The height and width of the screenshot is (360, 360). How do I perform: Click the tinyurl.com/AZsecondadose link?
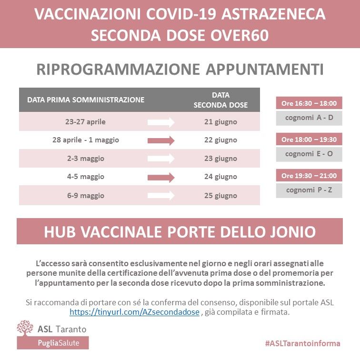135,312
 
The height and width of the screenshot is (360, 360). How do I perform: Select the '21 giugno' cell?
220,122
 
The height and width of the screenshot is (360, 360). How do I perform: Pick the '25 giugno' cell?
220,196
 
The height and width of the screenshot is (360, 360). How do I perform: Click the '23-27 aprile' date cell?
85,122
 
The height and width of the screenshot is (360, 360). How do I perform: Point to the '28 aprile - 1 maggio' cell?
85,140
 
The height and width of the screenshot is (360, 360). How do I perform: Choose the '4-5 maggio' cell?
85,177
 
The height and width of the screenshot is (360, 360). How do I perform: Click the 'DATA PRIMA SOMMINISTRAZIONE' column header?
86,100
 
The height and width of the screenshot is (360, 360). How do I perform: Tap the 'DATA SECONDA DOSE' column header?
220,100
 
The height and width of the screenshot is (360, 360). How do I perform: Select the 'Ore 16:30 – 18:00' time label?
309,103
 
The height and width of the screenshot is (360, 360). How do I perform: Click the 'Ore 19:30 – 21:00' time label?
309,176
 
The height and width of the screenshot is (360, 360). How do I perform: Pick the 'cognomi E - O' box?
309,154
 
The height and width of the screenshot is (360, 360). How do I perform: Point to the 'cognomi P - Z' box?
309,190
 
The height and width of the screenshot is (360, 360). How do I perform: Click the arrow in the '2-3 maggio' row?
161,159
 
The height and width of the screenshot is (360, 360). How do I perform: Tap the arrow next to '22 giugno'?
161,140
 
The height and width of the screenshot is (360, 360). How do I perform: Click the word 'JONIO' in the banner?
291,231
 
